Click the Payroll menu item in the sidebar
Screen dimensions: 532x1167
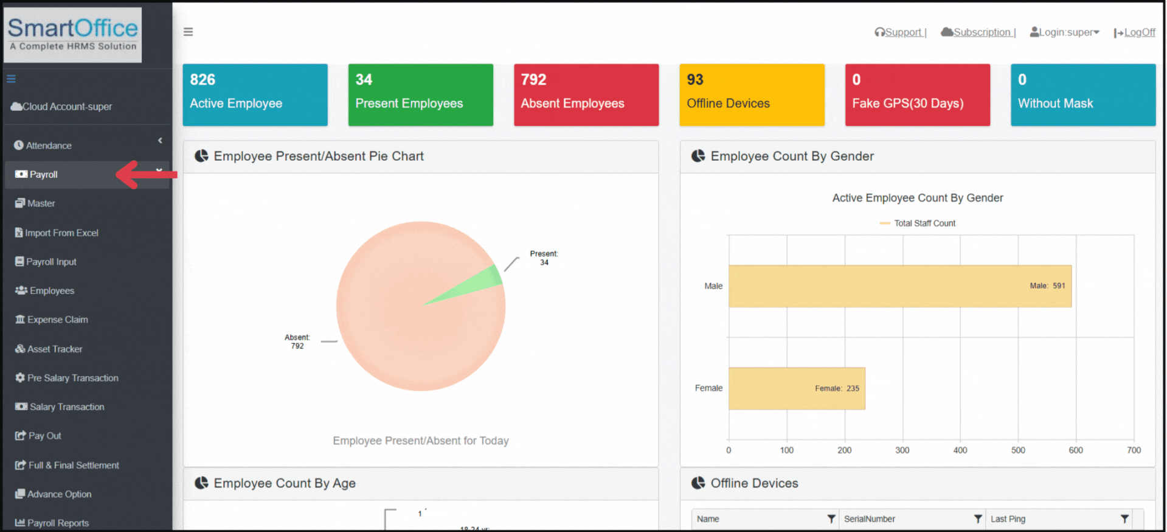(44, 175)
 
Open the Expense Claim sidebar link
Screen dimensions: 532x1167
(57, 320)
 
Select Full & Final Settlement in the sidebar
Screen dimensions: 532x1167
(74, 465)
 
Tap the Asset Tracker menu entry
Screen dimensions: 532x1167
(54, 349)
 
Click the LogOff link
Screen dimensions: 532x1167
(1139, 32)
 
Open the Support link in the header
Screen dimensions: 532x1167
(903, 32)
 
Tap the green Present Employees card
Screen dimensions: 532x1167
(420, 95)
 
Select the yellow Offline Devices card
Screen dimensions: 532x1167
(752, 95)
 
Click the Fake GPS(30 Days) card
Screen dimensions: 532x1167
(917, 95)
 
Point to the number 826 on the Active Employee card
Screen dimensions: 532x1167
(203, 80)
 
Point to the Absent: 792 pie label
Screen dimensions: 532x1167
(297, 341)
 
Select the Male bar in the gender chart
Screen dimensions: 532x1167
(899, 286)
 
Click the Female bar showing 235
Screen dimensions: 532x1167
(796, 388)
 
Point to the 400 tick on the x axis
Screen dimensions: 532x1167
(960, 450)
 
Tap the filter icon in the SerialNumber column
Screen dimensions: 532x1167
(978, 519)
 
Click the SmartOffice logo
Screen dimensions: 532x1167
(73, 34)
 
